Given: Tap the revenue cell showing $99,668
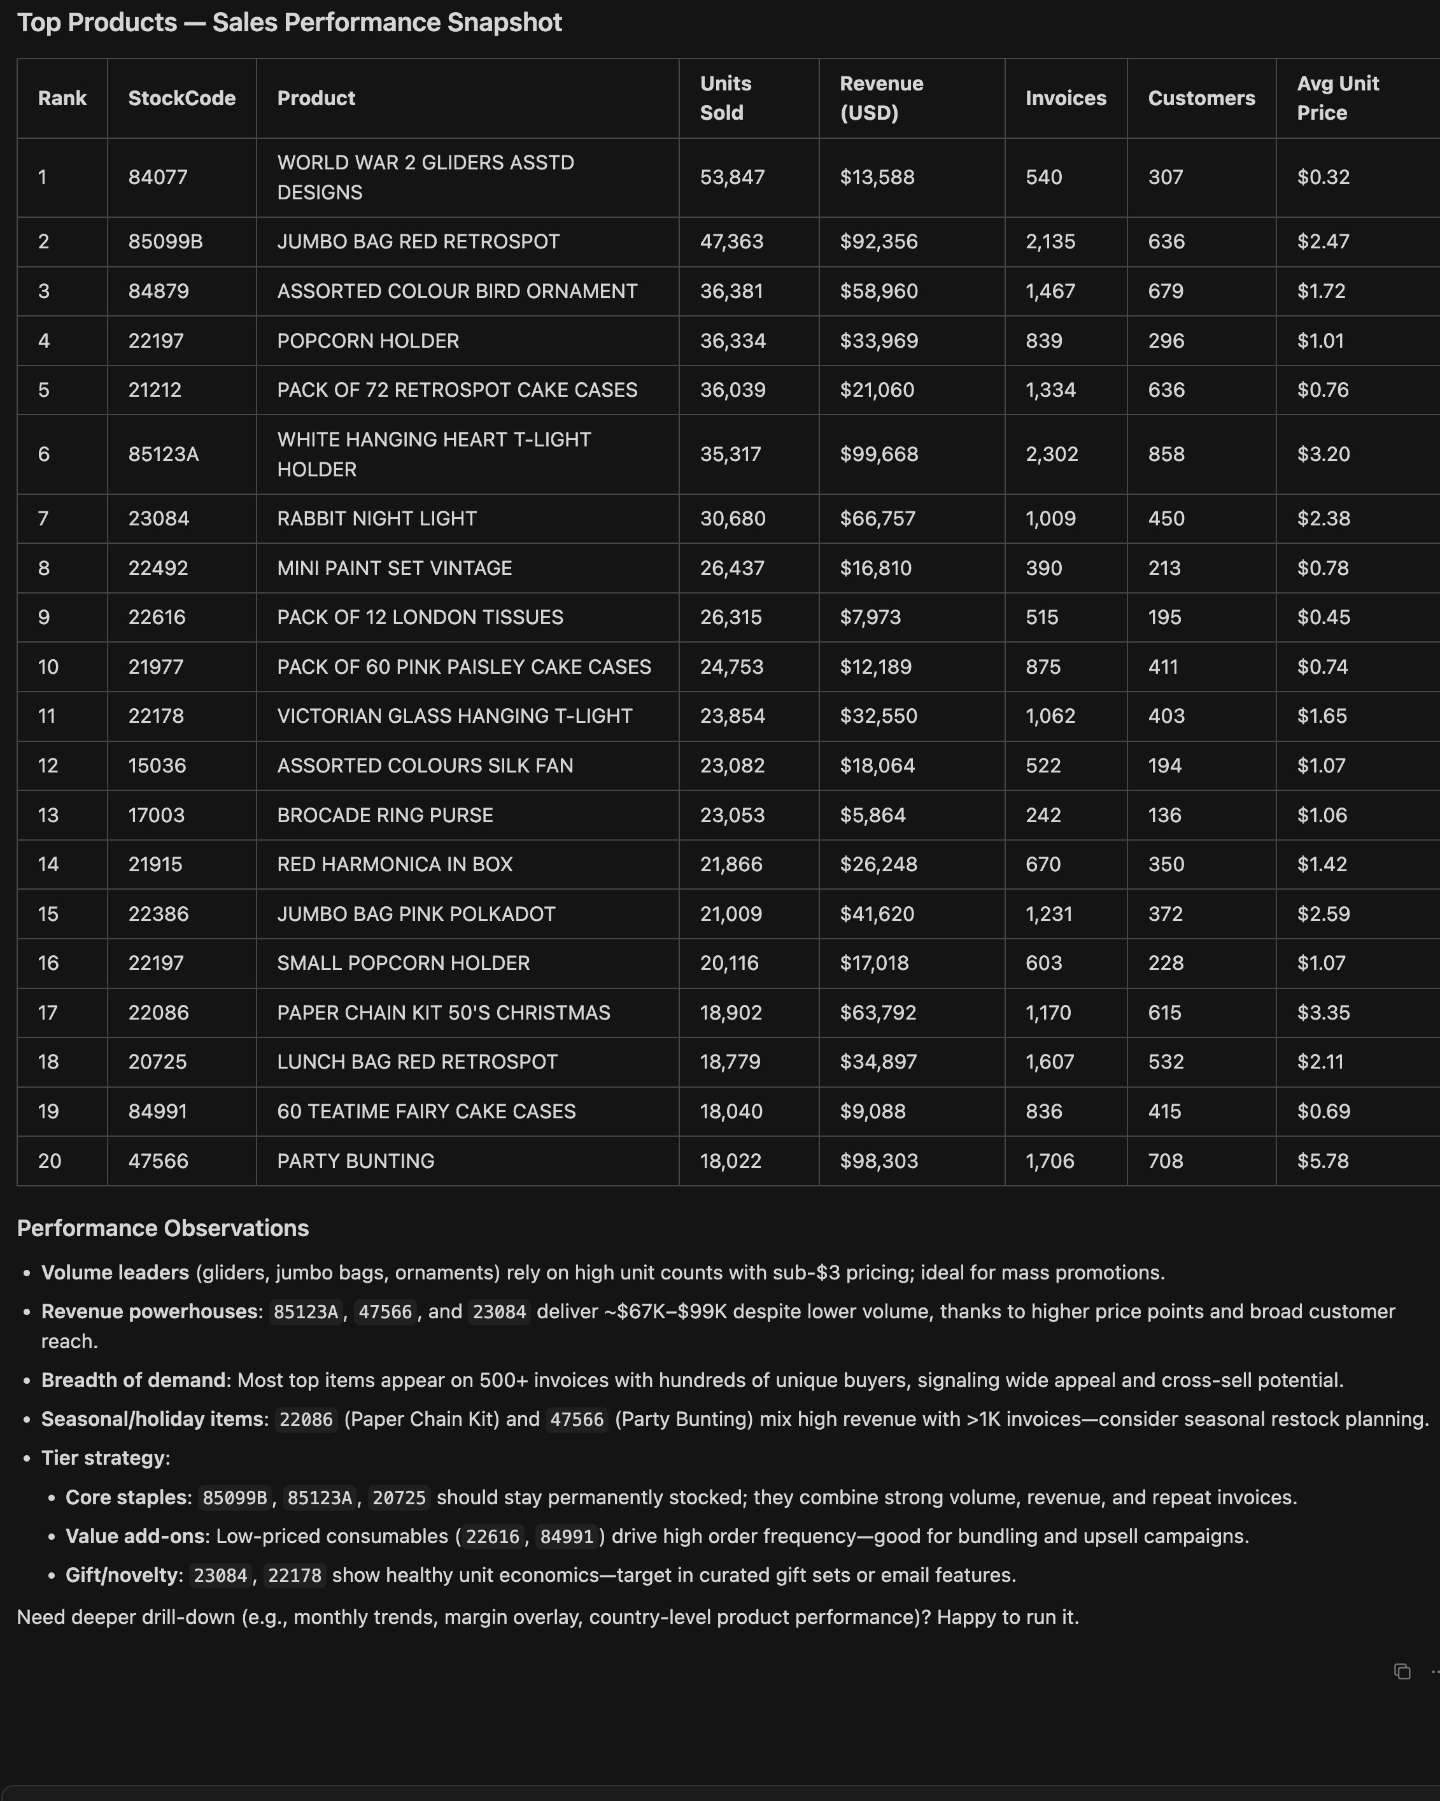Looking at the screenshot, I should pyautogui.click(x=879, y=455).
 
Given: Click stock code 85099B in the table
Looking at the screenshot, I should pyautogui.click(x=166, y=241).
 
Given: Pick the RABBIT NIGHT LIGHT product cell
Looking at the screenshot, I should pyautogui.click(x=377, y=519).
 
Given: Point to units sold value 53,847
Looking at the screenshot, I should pyautogui.click(x=731, y=177).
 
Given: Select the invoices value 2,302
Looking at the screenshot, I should pyautogui.click(x=1052, y=455).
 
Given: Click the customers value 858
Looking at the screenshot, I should pyautogui.click(x=1166, y=455).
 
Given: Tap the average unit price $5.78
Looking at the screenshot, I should pyautogui.click(x=1323, y=1161).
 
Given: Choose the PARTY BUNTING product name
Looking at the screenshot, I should pyautogui.click(x=356, y=1161).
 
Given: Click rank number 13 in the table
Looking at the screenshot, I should pyautogui.click(x=48, y=815).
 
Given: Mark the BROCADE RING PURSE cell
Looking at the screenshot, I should pyautogui.click(x=385, y=815).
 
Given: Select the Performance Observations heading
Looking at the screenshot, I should pyautogui.click(x=163, y=1228).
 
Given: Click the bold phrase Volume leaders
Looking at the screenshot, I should pyautogui.click(x=115, y=1272).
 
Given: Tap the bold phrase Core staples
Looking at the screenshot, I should pyautogui.click(x=128, y=1497).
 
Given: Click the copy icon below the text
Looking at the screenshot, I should pyautogui.click(x=1402, y=1672).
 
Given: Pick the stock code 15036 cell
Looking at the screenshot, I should pyautogui.click(x=157, y=766).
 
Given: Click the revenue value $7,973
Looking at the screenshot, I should pyautogui.click(x=870, y=617).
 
